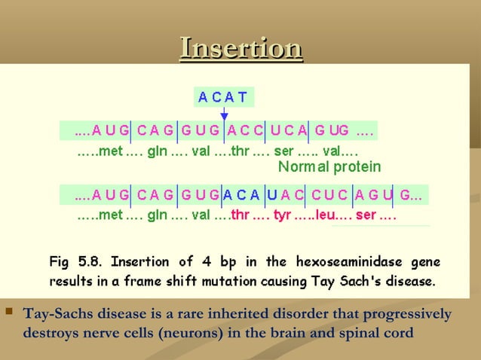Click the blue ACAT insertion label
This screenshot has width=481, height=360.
click(x=222, y=97)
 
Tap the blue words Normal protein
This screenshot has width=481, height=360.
click(x=329, y=166)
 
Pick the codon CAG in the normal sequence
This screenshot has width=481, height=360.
click(x=156, y=130)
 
